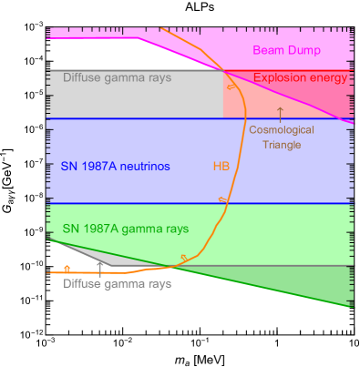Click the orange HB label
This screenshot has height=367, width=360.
(221, 167)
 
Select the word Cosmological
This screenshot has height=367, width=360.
(281, 130)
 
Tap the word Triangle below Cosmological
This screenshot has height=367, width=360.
(281, 145)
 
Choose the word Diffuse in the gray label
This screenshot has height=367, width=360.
(83, 284)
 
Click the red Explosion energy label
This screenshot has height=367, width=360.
(300, 79)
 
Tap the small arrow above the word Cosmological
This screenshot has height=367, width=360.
(281, 114)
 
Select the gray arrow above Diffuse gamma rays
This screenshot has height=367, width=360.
(101, 265)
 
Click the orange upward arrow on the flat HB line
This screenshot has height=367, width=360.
(67, 269)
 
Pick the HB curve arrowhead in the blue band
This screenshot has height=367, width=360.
(221, 199)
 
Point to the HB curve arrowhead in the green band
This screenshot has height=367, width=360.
(184, 260)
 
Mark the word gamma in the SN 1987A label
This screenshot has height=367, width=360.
(141, 229)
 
